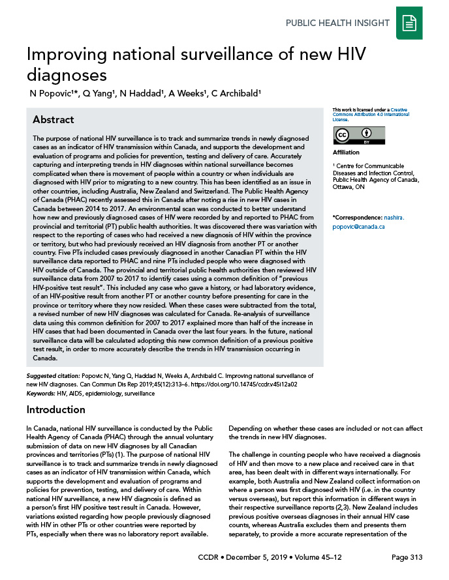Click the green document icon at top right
409,23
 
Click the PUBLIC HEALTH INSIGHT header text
338,23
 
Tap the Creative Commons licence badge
350,135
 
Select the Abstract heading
54,120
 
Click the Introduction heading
55,410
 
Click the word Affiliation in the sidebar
346,152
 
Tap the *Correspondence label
356,217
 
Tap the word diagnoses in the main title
65,76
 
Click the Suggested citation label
53,376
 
